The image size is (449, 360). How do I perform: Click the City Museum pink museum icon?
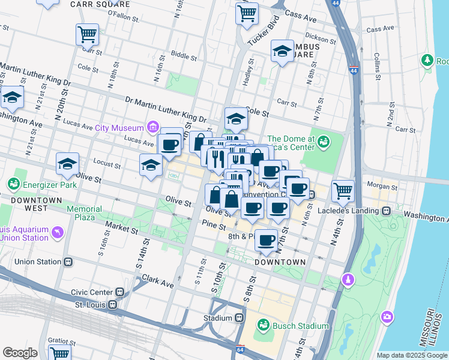tap(152, 127)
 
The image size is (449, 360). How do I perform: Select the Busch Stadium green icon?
tap(263, 326)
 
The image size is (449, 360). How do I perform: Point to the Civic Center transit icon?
tap(120, 292)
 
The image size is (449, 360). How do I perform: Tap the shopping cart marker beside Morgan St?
tap(342, 190)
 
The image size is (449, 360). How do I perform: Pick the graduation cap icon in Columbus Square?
tap(282, 52)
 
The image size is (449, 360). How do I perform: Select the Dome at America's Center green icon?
tap(324, 142)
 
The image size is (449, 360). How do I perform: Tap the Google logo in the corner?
tap(20, 353)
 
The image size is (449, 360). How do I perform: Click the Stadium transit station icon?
tap(240, 317)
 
